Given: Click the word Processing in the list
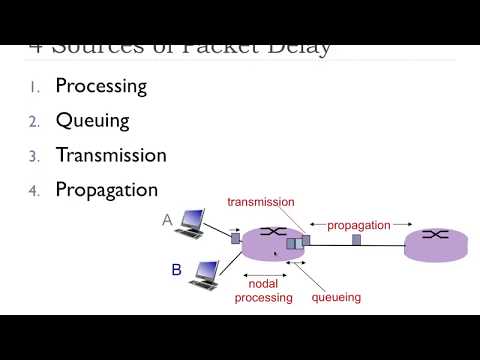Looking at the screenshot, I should click(x=101, y=86).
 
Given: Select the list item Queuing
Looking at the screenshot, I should click(x=92, y=121).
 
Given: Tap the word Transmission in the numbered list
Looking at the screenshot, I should click(x=111, y=155).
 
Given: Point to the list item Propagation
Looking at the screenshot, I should click(x=106, y=189).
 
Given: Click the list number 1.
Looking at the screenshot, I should click(x=33, y=87).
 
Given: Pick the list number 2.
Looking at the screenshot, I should click(x=33, y=122).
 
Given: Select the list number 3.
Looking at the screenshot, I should click(x=33, y=156).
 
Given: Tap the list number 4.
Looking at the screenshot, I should click(x=33, y=190).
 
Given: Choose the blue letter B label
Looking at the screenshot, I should click(x=176, y=269).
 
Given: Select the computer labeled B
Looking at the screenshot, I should click(x=204, y=272).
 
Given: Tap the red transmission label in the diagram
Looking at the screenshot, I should click(x=261, y=202).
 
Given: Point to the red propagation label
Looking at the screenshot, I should click(x=358, y=225).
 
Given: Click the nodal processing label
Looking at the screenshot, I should click(x=263, y=291).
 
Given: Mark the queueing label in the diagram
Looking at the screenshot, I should click(x=336, y=297).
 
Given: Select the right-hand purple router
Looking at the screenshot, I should click(x=435, y=243).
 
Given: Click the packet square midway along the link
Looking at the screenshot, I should click(x=356, y=240).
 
